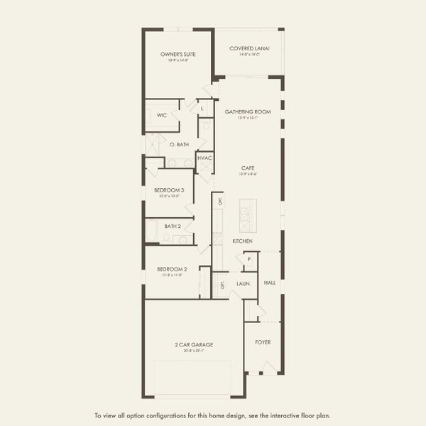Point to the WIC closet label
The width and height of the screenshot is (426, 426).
tap(162, 114)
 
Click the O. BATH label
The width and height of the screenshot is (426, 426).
tap(178, 144)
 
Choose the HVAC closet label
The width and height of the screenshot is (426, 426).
tap(204, 158)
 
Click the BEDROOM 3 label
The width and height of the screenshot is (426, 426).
tap(169, 190)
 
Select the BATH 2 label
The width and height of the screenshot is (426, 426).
tap(173, 226)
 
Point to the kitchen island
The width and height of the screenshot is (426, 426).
tap(248, 216)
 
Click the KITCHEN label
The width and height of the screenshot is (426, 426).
tap(242, 241)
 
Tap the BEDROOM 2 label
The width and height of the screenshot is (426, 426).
tap(172, 269)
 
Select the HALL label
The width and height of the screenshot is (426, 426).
tap(270, 282)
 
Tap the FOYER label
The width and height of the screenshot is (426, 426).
tap(263, 342)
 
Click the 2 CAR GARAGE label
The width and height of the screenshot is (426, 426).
tap(194, 344)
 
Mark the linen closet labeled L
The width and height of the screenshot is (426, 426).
tap(202, 108)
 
